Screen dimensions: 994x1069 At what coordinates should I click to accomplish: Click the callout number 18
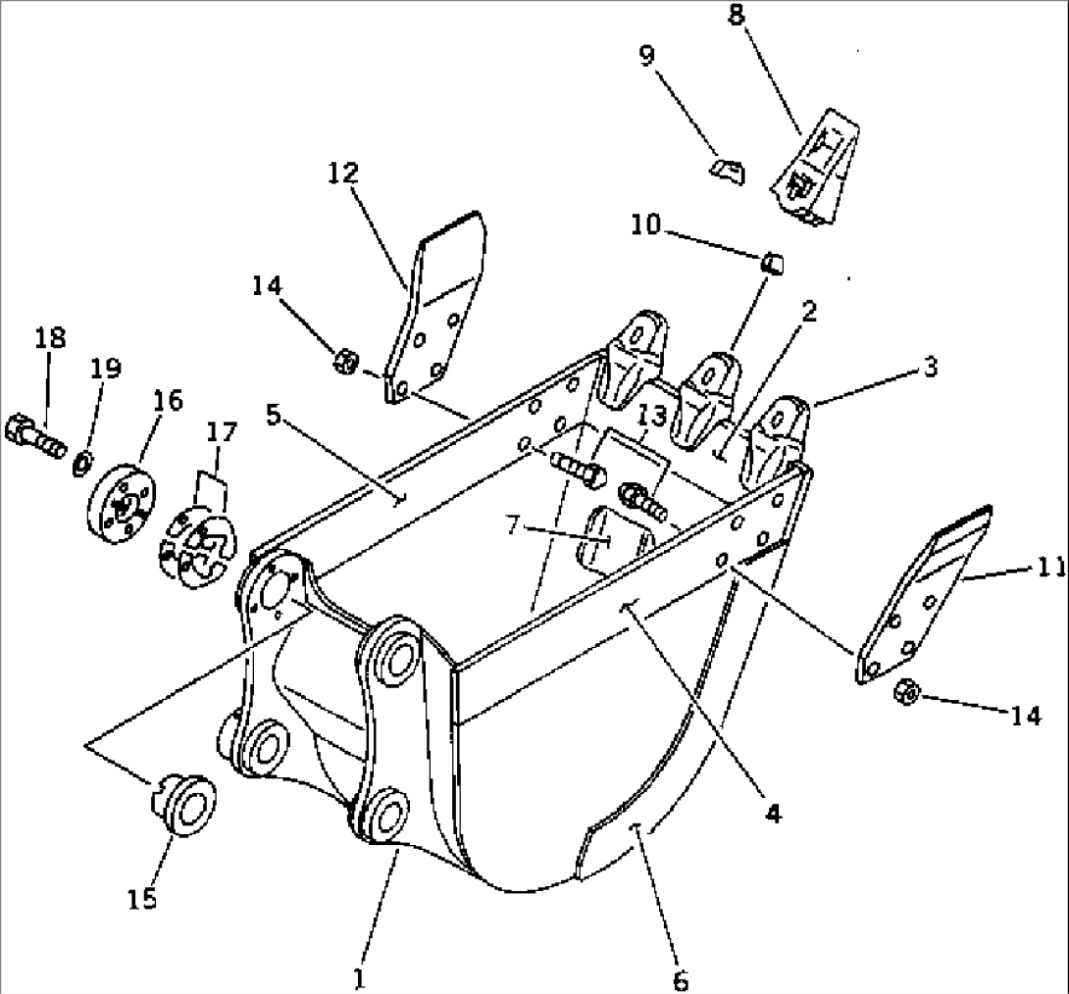50,338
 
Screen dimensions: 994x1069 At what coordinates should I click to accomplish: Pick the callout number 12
344,174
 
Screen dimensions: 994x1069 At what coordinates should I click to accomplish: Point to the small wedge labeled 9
727,171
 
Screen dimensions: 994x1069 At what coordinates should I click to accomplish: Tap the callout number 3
930,368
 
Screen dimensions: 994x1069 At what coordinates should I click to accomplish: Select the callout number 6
681,978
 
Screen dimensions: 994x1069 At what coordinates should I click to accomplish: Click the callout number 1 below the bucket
359,977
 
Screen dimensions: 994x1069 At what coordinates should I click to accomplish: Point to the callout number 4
774,813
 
